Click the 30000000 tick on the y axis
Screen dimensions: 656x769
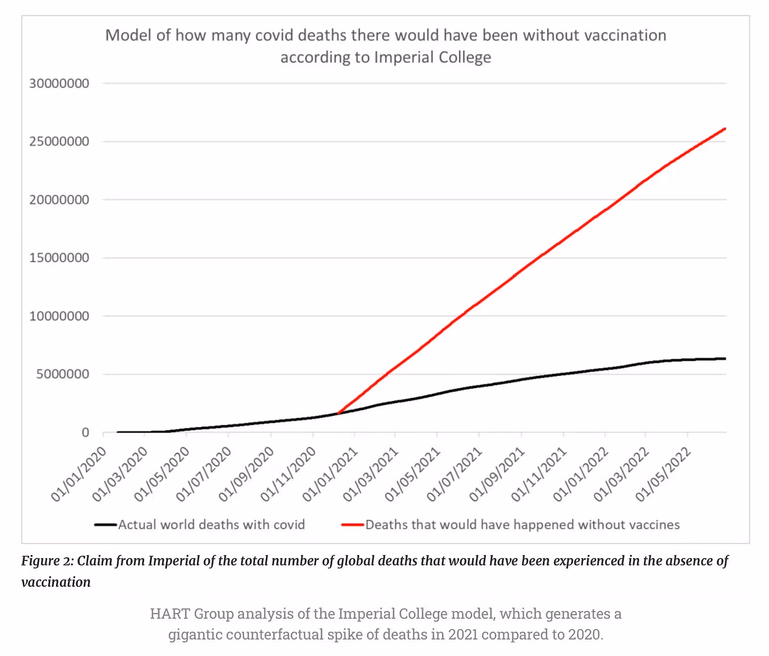click(59, 83)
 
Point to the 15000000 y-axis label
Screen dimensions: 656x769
click(59, 258)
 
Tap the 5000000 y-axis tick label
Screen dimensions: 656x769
click(62, 374)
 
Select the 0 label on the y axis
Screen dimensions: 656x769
click(85, 433)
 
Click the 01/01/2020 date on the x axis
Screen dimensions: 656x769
click(79, 474)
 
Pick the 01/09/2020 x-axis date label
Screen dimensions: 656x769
click(247, 474)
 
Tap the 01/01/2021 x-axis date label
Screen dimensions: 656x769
click(331, 474)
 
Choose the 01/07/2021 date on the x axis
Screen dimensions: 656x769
click(455, 474)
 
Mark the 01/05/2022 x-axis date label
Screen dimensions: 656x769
click(663, 474)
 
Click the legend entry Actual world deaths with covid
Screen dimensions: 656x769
click(211, 524)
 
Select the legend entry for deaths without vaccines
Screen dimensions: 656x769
click(522, 524)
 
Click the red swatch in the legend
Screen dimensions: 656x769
click(352, 524)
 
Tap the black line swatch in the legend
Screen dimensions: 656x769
click(105, 524)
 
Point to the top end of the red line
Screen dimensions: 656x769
click(725, 129)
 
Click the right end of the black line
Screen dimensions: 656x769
click(725, 359)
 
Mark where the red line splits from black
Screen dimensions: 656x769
click(338, 413)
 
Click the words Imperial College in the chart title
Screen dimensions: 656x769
click(433, 57)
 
